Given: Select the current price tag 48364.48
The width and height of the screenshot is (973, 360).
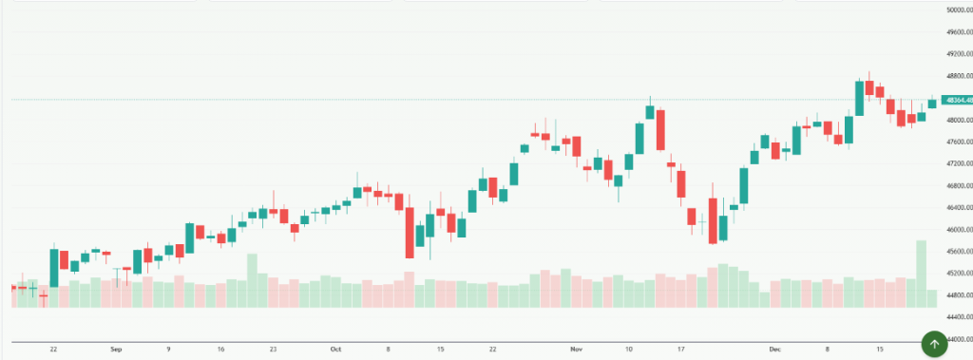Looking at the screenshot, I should [x=955, y=99].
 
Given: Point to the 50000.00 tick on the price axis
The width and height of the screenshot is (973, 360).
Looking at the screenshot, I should [x=955, y=9].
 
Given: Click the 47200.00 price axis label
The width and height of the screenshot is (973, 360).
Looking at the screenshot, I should [x=955, y=163].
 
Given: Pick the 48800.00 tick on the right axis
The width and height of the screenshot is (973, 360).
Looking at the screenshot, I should [x=955, y=76].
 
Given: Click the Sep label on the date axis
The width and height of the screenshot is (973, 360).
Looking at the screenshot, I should [x=116, y=350].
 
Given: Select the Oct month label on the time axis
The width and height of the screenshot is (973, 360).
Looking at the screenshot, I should [x=335, y=350].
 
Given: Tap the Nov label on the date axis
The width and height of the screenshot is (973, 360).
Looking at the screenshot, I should [x=576, y=350].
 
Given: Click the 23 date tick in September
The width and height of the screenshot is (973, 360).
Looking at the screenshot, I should [x=274, y=350].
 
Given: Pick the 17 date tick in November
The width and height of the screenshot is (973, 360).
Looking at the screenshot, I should [x=681, y=350].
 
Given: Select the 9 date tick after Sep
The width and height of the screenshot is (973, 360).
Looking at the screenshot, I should [x=168, y=350].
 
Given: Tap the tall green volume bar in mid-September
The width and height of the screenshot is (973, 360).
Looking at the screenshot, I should [x=252, y=280].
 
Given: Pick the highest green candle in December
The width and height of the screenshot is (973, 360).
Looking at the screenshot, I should [x=859, y=98].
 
